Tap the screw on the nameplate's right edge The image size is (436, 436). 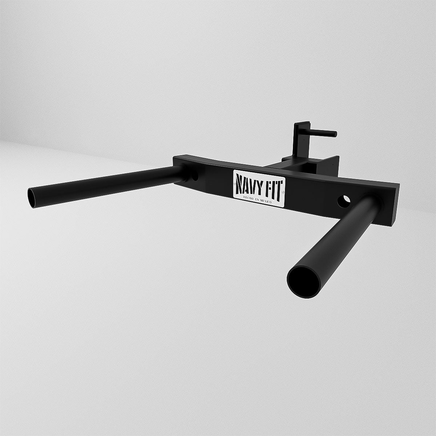click(x=283, y=192)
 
